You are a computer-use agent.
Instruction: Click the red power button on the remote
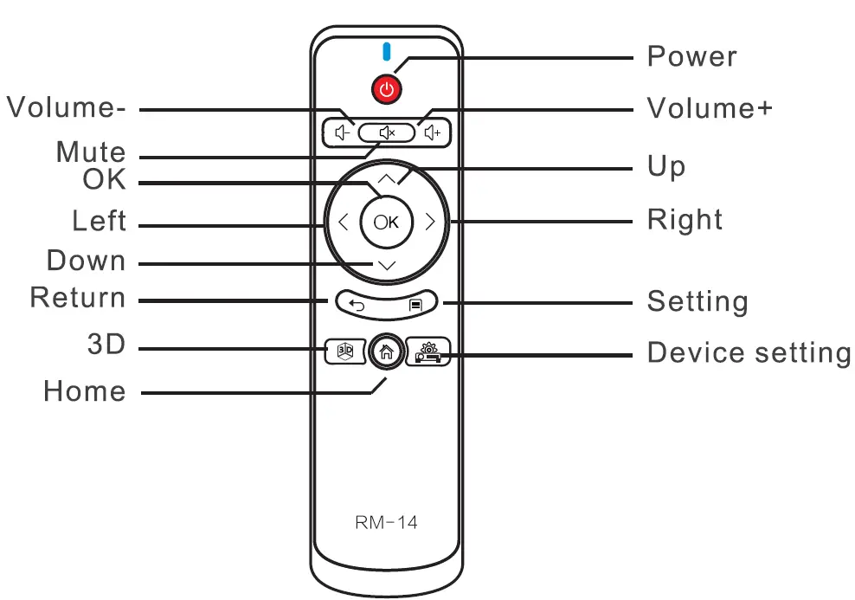point(387,88)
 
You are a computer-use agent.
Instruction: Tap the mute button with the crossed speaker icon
point(387,132)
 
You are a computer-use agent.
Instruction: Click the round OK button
point(387,222)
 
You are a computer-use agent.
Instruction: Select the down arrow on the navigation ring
point(387,264)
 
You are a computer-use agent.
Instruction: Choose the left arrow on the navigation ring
point(343,222)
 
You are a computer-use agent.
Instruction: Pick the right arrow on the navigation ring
point(430,222)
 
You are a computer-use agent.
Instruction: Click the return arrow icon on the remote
point(357,304)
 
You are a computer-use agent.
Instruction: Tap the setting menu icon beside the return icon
point(416,305)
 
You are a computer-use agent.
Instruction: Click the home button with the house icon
point(387,351)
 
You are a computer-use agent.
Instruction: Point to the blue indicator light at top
point(387,52)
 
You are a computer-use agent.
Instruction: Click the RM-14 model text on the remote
point(386,524)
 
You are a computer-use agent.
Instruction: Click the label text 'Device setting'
point(749,353)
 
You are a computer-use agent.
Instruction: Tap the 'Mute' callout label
point(91,152)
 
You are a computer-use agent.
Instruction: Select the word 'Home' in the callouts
point(85,391)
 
